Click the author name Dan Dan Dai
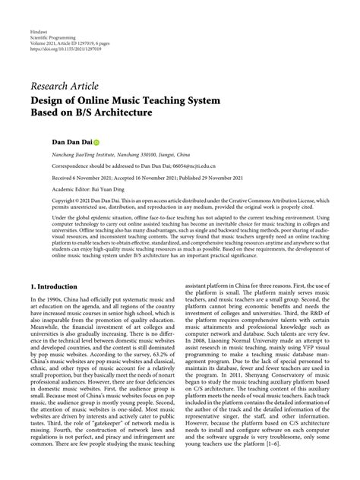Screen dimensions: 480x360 (50, 141)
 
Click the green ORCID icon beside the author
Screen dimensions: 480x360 (75, 141)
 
